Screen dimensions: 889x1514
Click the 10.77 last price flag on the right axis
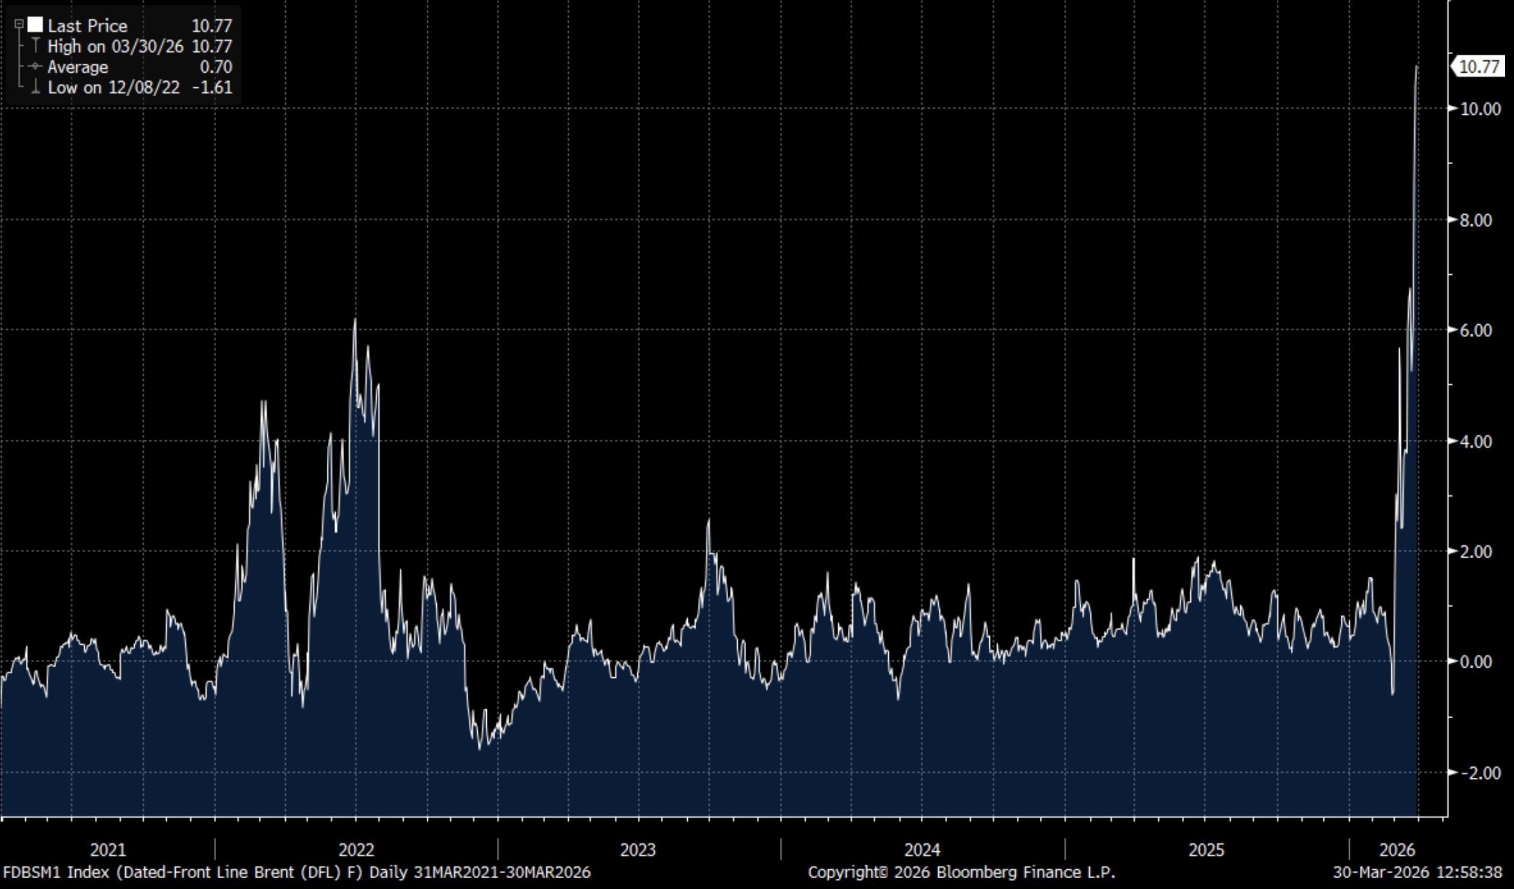coord(1478,66)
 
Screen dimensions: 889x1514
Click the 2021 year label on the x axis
coord(108,850)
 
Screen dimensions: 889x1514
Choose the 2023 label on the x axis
coord(638,850)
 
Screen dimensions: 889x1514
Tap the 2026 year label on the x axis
coord(1397,850)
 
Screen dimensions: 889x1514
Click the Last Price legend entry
coord(87,26)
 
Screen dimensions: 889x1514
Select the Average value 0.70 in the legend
coord(215,67)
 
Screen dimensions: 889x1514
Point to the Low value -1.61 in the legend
coord(212,88)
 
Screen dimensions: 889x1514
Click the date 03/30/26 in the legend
coord(147,46)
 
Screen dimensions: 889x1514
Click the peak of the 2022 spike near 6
coord(355,320)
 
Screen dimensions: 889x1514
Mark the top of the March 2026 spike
coord(1417,67)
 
